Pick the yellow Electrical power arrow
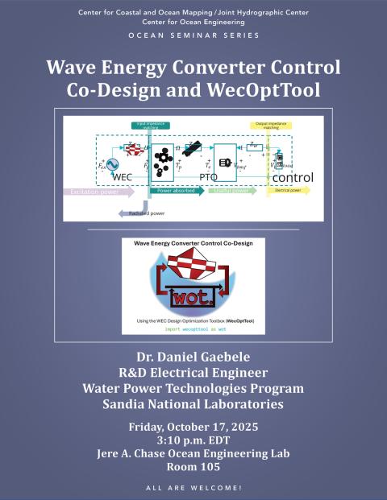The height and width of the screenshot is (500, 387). [x=291, y=192]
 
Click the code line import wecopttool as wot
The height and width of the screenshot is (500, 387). [x=193, y=328]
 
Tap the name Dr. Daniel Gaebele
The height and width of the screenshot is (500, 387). [x=193, y=357]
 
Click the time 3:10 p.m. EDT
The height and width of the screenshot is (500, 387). [x=193, y=439]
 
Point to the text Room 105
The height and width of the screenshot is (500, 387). [x=193, y=467]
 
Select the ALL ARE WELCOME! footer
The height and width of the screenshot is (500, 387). [x=193, y=488]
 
